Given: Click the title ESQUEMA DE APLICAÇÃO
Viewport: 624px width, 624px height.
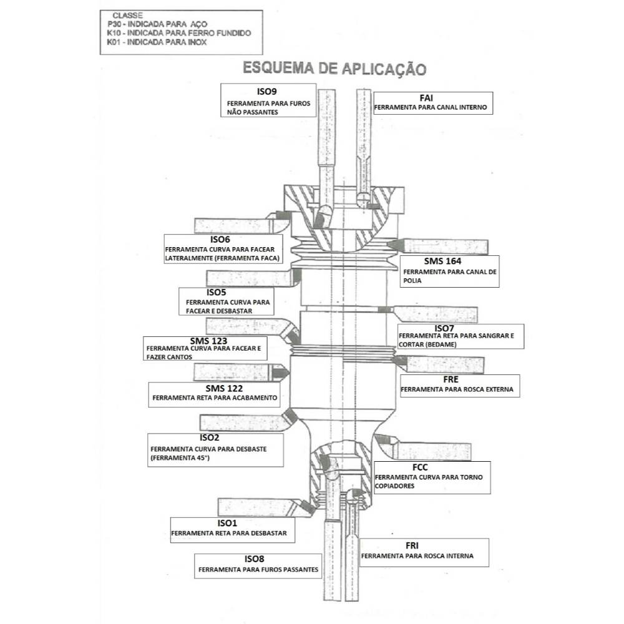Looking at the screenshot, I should pos(334,67).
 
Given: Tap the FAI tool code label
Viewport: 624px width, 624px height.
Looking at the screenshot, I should pos(426,97).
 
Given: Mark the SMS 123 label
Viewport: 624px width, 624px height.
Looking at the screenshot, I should pos(209,341).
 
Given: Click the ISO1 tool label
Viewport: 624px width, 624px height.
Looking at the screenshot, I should pos(228,522).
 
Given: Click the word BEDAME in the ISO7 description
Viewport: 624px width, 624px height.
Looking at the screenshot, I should pos(442,344).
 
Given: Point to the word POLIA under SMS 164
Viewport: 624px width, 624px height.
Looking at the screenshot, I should pos(413,281).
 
